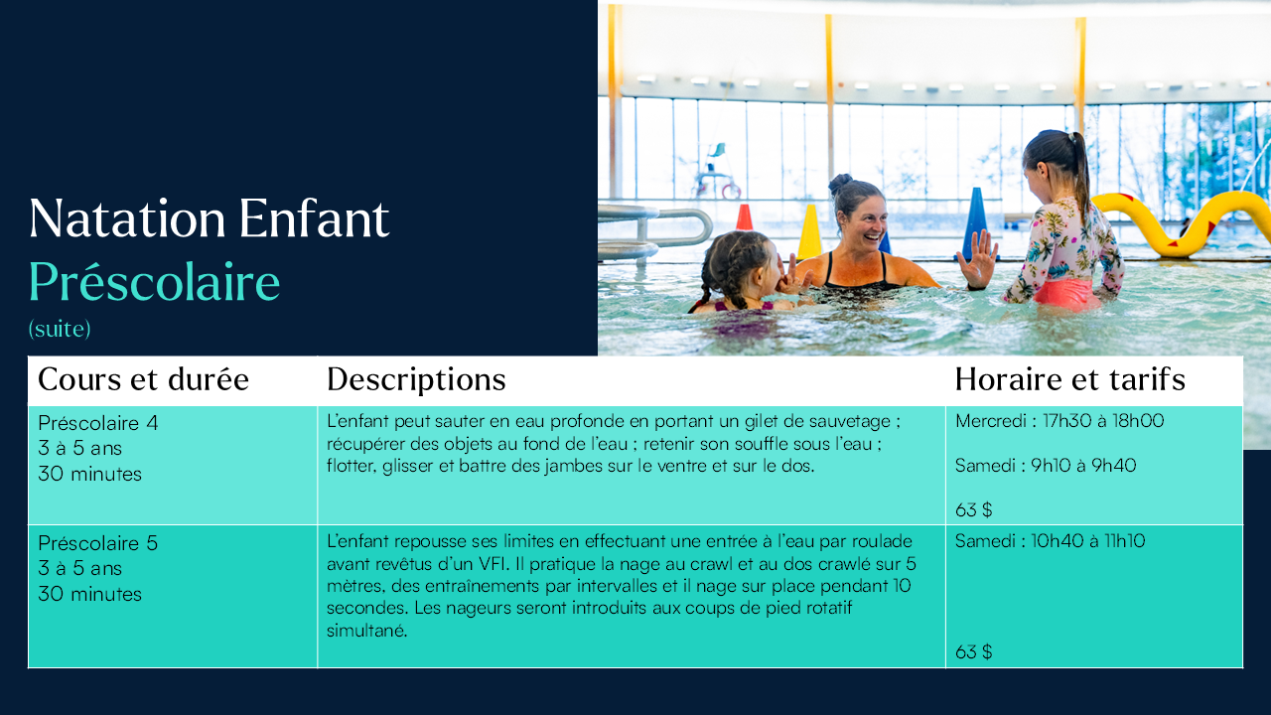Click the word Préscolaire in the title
tap(154, 282)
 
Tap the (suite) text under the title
tap(60, 329)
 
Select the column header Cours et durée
tap(143, 379)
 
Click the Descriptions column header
tap(416, 379)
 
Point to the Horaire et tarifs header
tap(1070, 379)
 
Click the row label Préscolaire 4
tap(98, 423)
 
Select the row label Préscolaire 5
tap(98, 543)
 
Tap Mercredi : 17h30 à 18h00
tap(1059, 421)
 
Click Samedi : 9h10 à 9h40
tap(1046, 466)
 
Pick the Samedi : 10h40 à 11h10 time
tap(1050, 541)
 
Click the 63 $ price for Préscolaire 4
tap(974, 510)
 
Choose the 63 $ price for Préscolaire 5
tap(974, 652)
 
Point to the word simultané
tap(367, 631)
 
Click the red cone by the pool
tap(744, 217)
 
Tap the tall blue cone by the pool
tap(975, 221)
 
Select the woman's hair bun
tap(840, 184)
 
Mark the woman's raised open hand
tap(978, 259)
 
